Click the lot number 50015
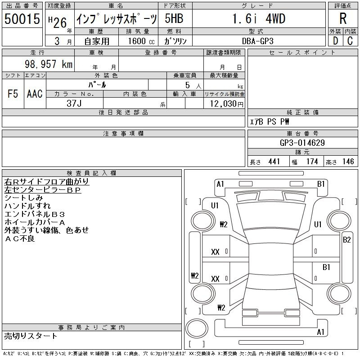pyautogui.click(x=22, y=18)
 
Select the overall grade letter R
pyautogui.click(x=343, y=18)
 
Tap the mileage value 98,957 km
pyautogui.click(x=49, y=64)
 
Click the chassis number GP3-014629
pyautogui.click(x=302, y=143)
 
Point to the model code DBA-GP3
pyautogui.click(x=258, y=41)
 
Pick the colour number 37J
pyautogui.click(x=74, y=103)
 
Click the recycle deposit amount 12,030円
pyautogui.click(x=227, y=104)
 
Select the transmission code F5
pyautogui.click(x=13, y=94)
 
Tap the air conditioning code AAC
pyautogui.click(x=35, y=94)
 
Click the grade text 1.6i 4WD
pyautogui.click(x=259, y=18)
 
